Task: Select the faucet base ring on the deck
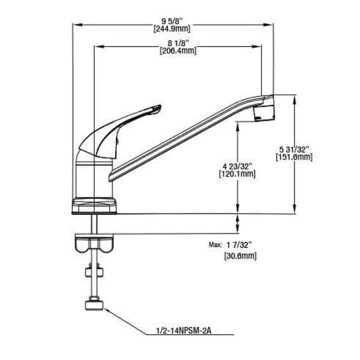pyautogui.click(x=94, y=206)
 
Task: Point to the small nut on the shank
pyautogui.click(x=94, y=275)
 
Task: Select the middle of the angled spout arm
pyautogui.click(x=186, y=138)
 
